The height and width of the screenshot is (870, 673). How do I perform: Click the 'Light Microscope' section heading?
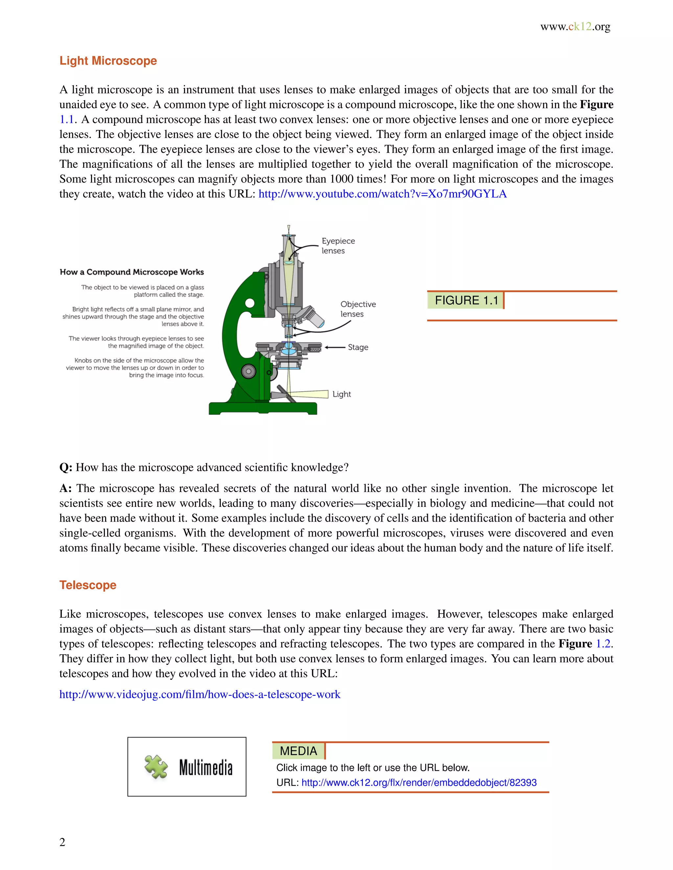coord(108,61)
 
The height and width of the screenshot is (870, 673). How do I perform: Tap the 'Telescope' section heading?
coord(88,585)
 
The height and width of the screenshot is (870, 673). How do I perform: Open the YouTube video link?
coord(383,194)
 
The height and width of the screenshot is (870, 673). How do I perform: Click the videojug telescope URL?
coord(200,694)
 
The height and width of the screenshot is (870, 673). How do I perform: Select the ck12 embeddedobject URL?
coord(419,782)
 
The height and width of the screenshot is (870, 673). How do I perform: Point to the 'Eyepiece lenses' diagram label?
coord(338,246)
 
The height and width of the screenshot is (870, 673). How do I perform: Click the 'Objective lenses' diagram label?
coord(358,309)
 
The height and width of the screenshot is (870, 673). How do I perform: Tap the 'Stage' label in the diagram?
coord(358,347)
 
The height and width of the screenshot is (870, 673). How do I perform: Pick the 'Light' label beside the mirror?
coord(341,394)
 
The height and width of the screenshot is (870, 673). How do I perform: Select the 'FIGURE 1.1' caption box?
coord(466,300)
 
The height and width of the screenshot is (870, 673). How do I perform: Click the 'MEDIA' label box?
coord(298,751)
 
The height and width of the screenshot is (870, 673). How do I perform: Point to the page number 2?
coord(62,842)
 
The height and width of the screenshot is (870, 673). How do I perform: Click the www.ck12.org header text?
coord(575,27)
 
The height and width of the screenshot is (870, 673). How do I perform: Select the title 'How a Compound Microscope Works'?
coord(131,272)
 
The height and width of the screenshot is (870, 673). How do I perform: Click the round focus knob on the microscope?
coord(248,371)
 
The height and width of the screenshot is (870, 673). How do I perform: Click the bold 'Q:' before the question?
coord(66,468)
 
